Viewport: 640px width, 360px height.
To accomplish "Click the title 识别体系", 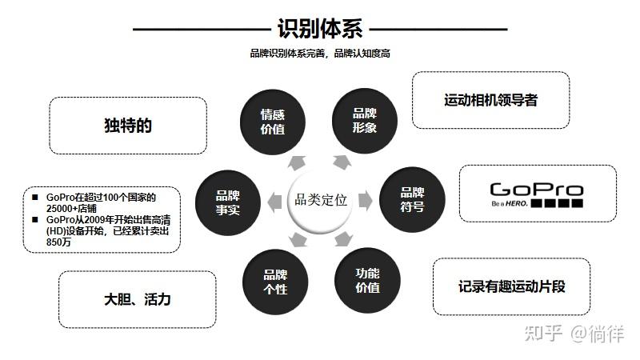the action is [319, 30].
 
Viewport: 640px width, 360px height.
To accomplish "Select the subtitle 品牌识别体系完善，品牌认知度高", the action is [319, 54].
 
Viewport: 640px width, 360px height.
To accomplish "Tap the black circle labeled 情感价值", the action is [273, 121].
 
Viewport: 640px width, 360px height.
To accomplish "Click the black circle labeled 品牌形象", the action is [365, 120].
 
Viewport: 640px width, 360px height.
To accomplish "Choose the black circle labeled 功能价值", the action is [366, 280].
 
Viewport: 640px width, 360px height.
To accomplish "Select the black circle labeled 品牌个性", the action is [274, 281].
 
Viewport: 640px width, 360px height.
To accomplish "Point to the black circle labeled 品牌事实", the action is [227, 200].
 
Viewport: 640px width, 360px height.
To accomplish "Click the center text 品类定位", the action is [320, 200].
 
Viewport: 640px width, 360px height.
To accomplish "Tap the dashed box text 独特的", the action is [128, 126].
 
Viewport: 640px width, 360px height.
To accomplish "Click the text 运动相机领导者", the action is [490, 101].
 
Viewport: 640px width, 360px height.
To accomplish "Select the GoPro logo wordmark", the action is [536, 190].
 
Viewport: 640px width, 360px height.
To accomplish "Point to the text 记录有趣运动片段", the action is [512, 286].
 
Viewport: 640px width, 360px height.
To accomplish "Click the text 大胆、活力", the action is [138, 300].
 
